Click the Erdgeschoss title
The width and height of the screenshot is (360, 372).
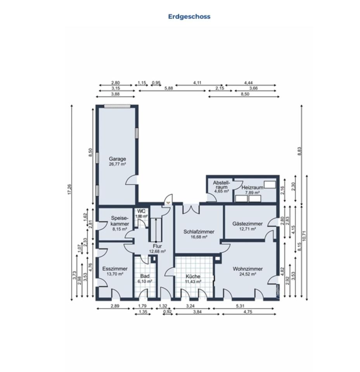coord(189,17)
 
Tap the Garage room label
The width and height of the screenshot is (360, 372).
coord(117,159)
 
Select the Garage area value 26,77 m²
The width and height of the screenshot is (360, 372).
coord(117,164)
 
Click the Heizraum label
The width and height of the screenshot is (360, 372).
coord(252,188)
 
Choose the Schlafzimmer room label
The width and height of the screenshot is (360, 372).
coord(199,232)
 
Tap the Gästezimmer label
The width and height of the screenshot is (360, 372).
coord(247,224)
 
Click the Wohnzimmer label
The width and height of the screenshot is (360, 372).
coord(247,269)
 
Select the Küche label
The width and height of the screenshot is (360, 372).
coord(193,276)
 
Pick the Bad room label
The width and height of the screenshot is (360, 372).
coord(145,276)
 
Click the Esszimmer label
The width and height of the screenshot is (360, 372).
coord(115,269)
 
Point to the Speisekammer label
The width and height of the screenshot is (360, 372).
coord(119,221)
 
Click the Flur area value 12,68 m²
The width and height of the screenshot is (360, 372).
coord(157,251)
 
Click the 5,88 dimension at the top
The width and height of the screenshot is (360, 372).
coord(168,88)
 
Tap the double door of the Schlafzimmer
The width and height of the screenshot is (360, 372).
coord(191,208)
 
